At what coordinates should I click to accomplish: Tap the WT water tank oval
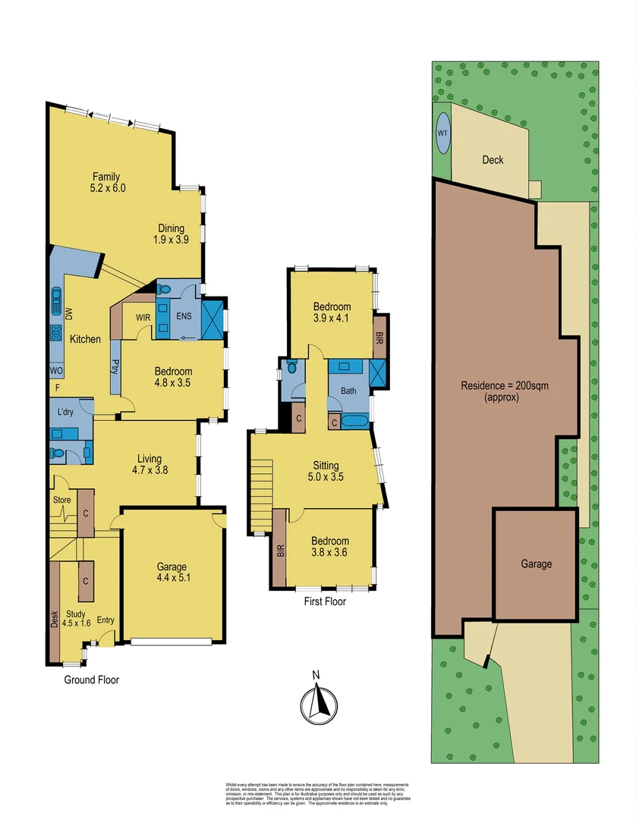click(x=442, y=133)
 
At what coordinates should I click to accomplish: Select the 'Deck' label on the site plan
click(x=493, y=160)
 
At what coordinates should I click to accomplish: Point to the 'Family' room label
click(x=106, y=177)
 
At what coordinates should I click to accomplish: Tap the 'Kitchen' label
click(x=85, y=339)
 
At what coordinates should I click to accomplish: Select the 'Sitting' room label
click(x=326, y=465)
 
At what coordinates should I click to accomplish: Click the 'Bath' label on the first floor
click(x=348, y=391)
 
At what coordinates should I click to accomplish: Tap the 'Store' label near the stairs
click(x=61, y=500)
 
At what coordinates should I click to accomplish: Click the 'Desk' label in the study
click(x=55, y=620)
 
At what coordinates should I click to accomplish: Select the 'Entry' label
click(x=105, y=620)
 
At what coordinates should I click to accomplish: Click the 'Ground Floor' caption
click(x=91, y=680)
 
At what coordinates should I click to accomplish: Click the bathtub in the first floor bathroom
click(x=356, y=422)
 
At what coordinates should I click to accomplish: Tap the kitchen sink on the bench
click(x=56, y=302)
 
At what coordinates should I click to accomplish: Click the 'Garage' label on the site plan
click(x=536, y=564)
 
